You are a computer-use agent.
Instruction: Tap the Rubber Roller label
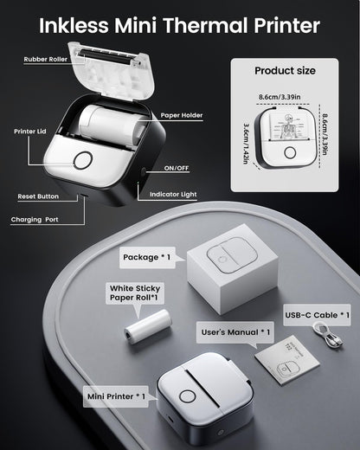(x=46, y=59)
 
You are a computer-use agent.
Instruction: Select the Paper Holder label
(x=182, y=115)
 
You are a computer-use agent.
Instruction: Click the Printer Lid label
(x=30, y=132)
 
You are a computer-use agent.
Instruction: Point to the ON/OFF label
(x=177, y=168)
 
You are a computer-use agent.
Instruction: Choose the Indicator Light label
(x=173, y=195)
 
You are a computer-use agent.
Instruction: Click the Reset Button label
(x=38, y=196)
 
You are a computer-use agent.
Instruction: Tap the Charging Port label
(x=35, y=220)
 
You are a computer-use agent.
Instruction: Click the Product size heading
(x=285, y=71)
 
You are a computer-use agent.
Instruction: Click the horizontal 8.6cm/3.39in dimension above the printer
(x=280, y=97)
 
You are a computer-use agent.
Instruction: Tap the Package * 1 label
(x=147, y=257)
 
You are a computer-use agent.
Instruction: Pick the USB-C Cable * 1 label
(x=317, y=315)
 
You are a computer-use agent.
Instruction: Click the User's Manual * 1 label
(x=235, y=332)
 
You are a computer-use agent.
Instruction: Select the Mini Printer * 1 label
(x=116, y=396)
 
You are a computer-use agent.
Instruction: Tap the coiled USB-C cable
(x=328, y=335)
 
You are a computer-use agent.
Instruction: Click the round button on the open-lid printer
(x=83, y=160)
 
